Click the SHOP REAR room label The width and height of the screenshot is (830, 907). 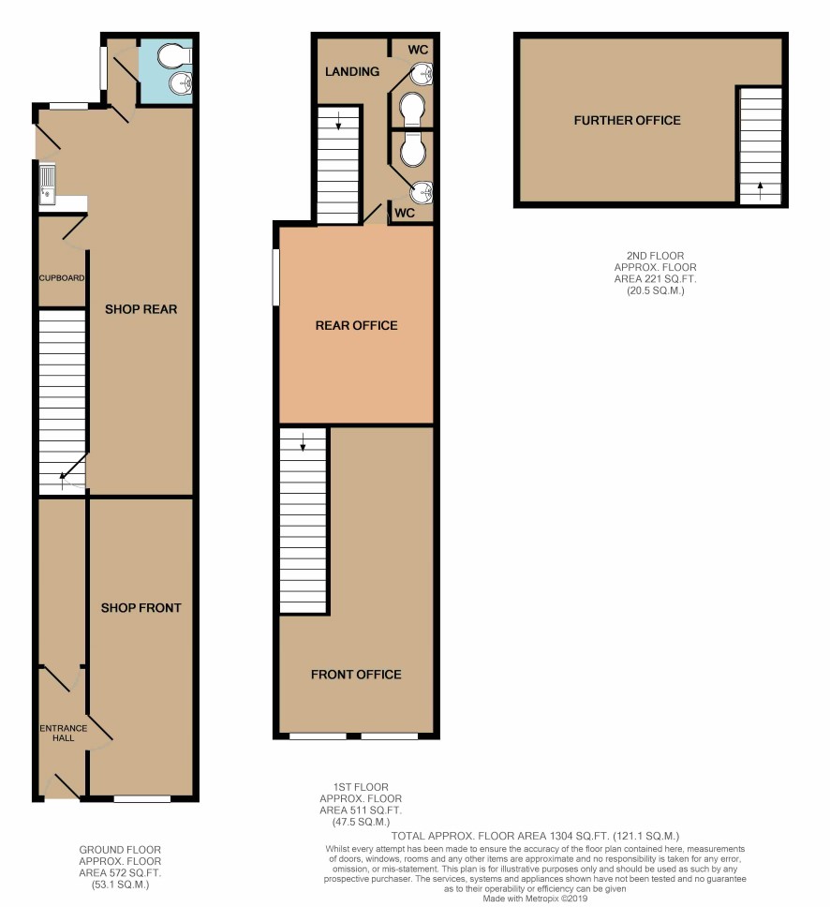[x=141, y=309]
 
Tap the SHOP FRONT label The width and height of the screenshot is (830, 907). [x=141, y=607]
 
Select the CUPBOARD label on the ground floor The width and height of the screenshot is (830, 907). [x=62, y=277]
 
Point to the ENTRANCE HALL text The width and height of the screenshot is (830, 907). [x=64, y=733]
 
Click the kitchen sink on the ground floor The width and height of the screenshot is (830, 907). [x=48, y=184]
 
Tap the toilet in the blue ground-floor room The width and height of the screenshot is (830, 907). [x=174, y=56]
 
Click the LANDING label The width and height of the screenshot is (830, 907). [x=352, y=71]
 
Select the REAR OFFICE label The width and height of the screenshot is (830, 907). [x=356, y=325]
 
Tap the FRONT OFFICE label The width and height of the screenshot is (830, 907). [x=356, y=674]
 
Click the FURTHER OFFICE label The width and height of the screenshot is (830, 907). [x=627, y=120]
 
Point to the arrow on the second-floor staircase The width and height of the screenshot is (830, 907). [x=760, y=189]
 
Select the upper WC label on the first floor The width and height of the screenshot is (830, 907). [x=418, y=50]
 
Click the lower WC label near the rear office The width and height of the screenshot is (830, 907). [x=405, y=213]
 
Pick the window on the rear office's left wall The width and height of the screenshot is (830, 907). [x=276, y=276]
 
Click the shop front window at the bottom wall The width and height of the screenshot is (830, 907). [x=142, y=799]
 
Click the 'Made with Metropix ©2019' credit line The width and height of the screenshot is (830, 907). [x=535, y=899]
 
